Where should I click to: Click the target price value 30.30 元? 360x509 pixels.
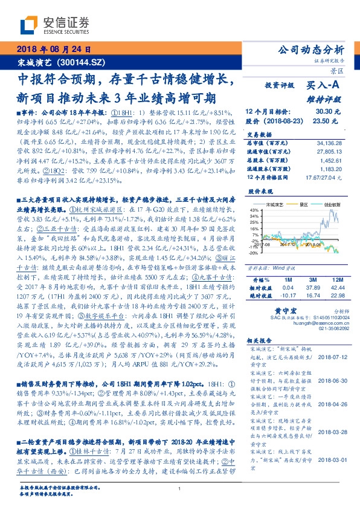point(329,112)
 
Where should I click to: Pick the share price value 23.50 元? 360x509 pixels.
point(329,121)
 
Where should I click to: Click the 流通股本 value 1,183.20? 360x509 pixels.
point(330,169)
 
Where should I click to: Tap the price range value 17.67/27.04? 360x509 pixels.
point(325,177)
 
